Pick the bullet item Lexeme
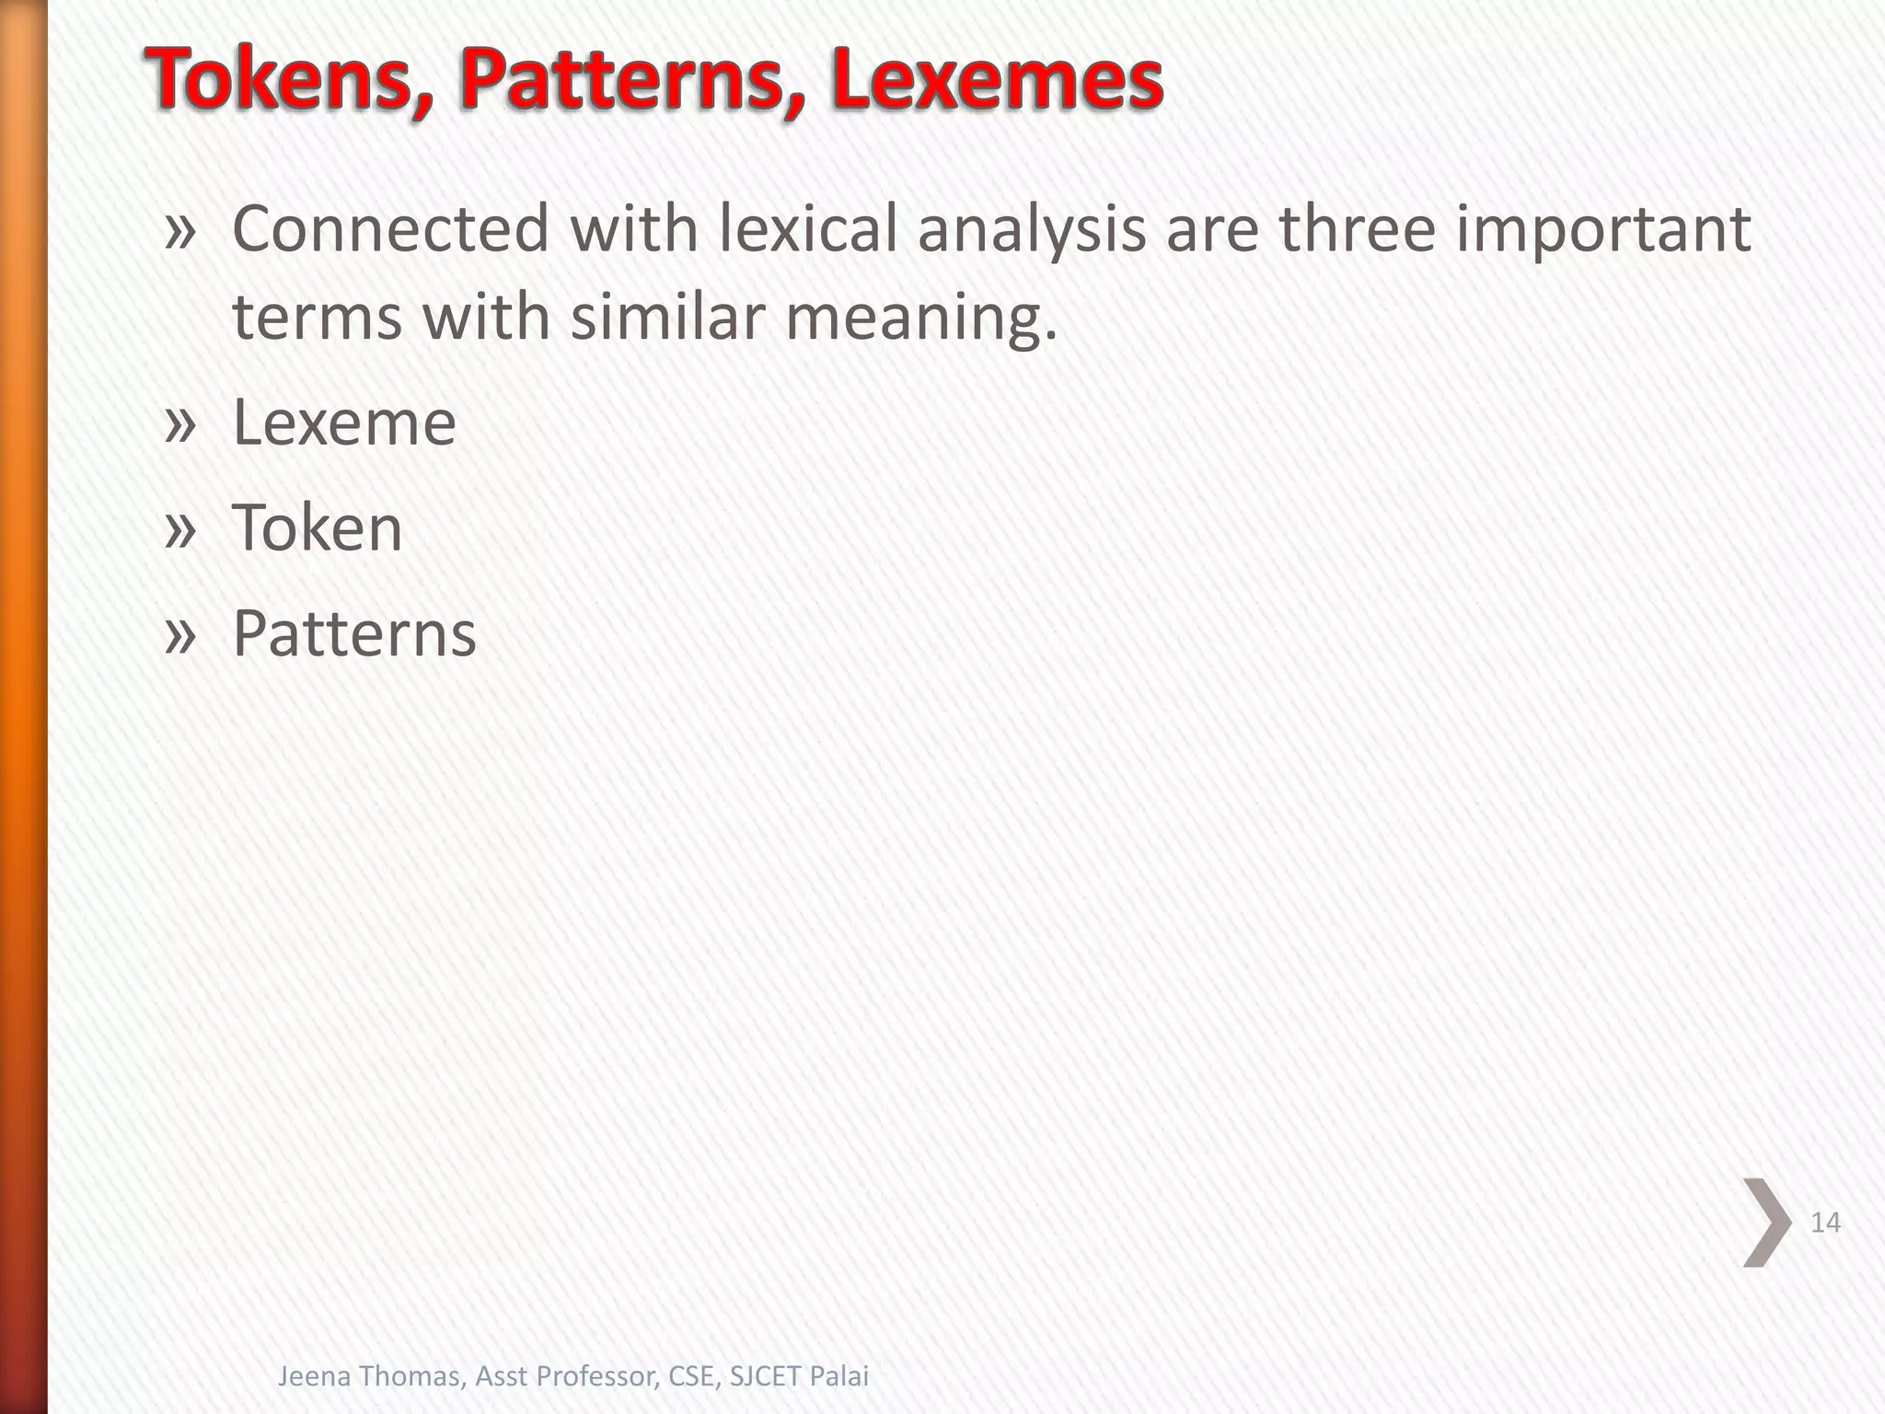[x=344, y=423]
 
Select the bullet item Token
[x=318, y=528]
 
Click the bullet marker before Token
[x=180, y=530]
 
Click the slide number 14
[x=1825, y=1223]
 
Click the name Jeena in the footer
[x=311, y=1376]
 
